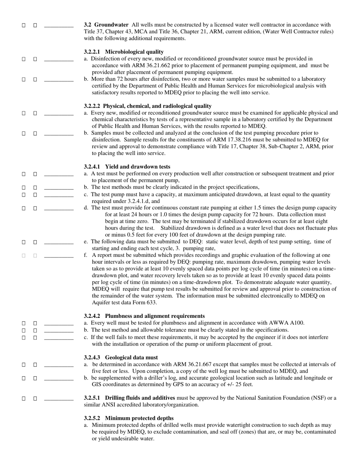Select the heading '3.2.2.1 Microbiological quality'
[124, 52]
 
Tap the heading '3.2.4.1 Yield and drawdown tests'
[127, 167]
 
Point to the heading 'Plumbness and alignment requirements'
[155, 316]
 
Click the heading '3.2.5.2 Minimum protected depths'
[129, 418]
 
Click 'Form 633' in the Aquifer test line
[146, 302]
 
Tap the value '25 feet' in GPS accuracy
[243, 385]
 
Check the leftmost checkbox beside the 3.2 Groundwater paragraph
[23, 25]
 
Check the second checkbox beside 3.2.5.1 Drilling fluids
[35, 399]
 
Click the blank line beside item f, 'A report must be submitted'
[59, 256]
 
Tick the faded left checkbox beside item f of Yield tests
[23, 256]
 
